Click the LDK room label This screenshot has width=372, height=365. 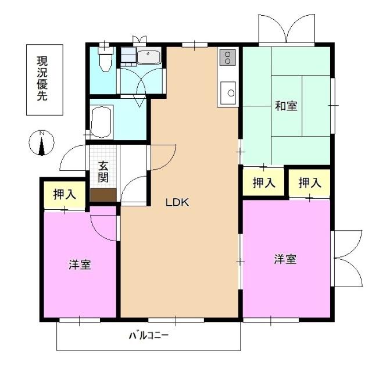click(x=177, y=202)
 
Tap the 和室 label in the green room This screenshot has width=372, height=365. click(x=286, y=106)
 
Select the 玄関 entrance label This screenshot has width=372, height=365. click(x=104, y=170)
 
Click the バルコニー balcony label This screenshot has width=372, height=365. click(x=148, y=335)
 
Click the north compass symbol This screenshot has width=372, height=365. click(x=41, y=143)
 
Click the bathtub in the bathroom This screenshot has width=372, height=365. click(x=101, y=121)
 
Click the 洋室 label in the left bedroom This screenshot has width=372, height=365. click(x=80, y=265)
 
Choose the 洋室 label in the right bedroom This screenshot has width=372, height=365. click(x=285, y=260)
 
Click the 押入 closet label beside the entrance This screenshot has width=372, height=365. click(x=65, y=195)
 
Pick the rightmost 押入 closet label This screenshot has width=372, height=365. click(x=310, y=183)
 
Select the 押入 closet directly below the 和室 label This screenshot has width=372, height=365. click(x=264, y=183)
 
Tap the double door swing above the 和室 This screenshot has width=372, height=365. click(x=287, y=29)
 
